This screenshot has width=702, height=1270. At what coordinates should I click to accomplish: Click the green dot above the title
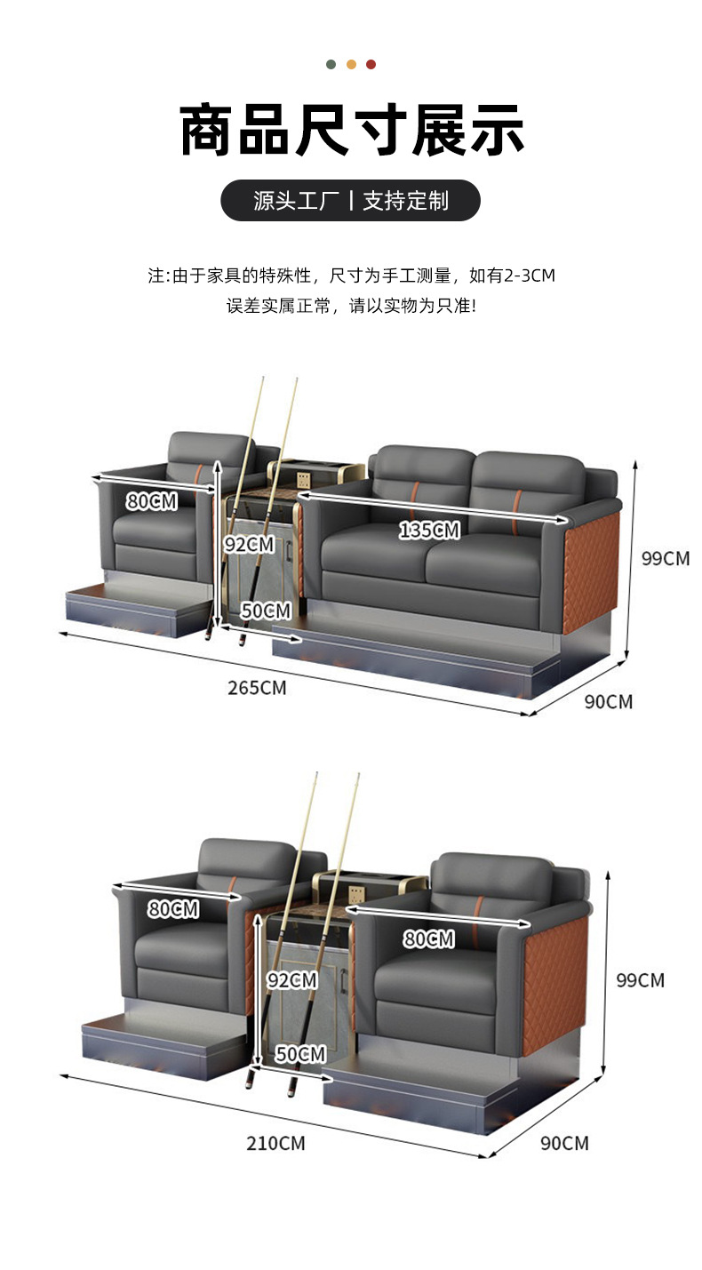point(331,64)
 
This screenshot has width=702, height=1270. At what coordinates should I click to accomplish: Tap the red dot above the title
point(371,64)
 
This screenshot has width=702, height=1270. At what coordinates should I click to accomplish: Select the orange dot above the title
point(351,64)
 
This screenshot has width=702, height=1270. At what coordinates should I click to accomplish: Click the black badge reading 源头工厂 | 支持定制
point(350,201)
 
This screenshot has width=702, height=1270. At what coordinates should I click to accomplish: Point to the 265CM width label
point(258,687)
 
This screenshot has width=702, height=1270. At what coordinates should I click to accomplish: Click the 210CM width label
point(275,1143)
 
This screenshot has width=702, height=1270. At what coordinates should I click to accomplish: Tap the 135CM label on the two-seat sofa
point(429,531)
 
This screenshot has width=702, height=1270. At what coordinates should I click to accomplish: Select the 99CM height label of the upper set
point(666,559)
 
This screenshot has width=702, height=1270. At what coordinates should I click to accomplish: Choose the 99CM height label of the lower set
point(640,980)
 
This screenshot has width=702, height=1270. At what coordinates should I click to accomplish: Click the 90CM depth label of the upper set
point(609,701)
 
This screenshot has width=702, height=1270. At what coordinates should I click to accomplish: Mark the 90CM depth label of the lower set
point(564,1143)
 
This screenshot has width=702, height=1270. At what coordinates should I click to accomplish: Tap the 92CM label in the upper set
point(249,544)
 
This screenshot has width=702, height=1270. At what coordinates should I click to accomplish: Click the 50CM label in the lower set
point(300,1054)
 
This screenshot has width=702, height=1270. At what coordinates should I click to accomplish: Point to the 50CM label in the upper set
point(266,611)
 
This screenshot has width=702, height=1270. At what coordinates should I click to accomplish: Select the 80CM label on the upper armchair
point(151,501)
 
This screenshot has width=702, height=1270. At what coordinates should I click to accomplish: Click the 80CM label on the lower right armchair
point(428,939)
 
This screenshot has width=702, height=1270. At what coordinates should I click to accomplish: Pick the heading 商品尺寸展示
point(351,132)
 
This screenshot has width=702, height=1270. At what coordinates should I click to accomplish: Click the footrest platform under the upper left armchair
point(133,609)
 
